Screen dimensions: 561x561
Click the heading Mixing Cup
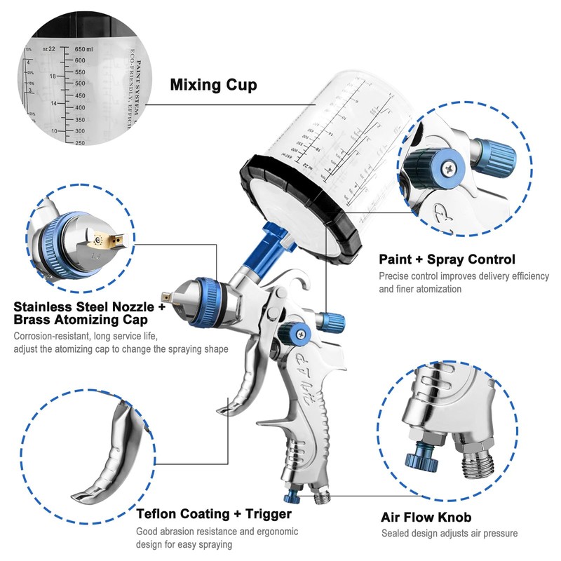point(213,86)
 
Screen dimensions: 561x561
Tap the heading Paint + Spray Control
point(447,259)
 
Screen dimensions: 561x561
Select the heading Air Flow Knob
point(426,518)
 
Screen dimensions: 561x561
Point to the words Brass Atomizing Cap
point(81,320)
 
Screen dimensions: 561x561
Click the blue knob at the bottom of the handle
point(291,496)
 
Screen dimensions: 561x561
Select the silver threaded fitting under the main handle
point(322,497)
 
